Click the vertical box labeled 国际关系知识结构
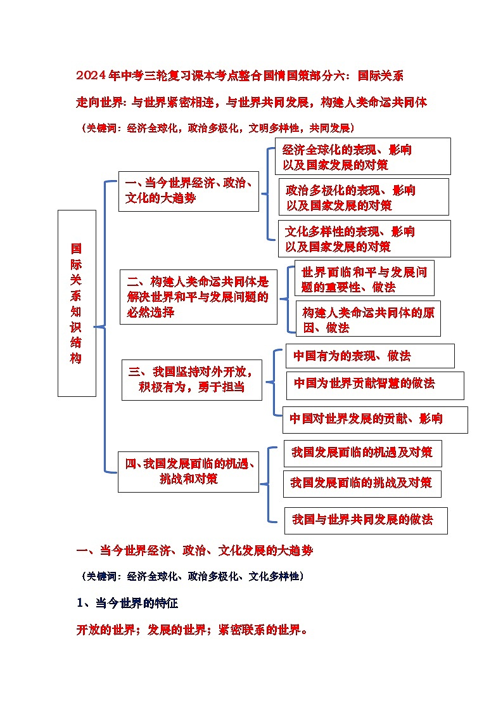(x=77, y=303)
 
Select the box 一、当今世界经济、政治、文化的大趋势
(x=189, y=191)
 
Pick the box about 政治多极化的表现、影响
(x=364, y=197)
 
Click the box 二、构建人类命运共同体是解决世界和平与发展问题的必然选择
(x=198, y=297)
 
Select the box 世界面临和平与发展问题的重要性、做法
(x=364, y=279)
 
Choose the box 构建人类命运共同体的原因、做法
(x=368, y=319)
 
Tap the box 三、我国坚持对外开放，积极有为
(x=192, y=380)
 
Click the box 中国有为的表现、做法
(x=369, y=356)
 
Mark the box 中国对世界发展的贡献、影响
(x=375, y=419)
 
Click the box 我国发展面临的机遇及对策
(x=362, y=453)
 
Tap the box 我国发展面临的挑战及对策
(x=362, y=483)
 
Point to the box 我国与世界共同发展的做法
(x=366, y=520)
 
